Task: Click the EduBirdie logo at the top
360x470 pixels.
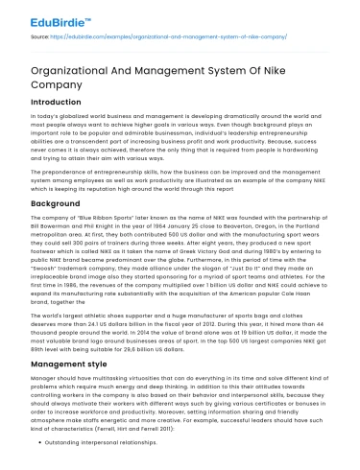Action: click(49, 13)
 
